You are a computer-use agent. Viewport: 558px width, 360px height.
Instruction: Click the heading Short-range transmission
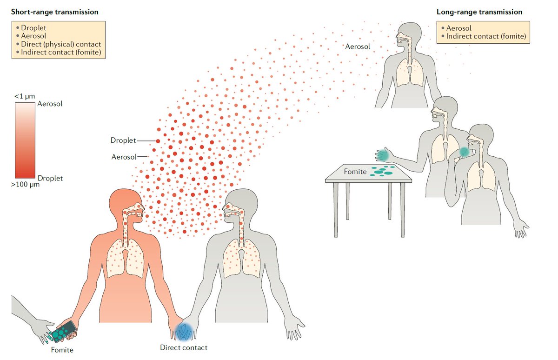click(x=55, y=12)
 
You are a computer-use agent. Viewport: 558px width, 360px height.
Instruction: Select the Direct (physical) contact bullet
click(x=61, y=44)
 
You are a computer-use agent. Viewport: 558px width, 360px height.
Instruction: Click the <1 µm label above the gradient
click(x=24, y=96)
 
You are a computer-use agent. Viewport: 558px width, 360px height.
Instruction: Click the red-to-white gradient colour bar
click(x=24, y=140)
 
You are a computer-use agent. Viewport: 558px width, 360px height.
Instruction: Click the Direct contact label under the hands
click(x=183, y=347)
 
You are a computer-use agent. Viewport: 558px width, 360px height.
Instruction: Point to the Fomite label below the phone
click(x=62, y=349)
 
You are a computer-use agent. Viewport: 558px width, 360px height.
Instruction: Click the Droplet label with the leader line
click(x=123, y=140)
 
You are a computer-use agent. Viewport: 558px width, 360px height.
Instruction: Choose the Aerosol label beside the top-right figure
click(x=358, y=47)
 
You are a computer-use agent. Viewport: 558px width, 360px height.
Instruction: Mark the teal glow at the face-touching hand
click(x=465, y=152)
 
